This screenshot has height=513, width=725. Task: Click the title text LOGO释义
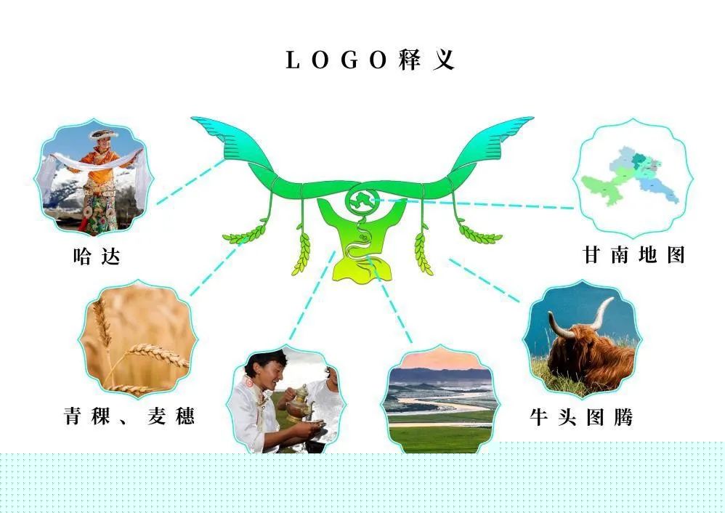370,60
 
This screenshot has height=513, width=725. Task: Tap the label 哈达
97,256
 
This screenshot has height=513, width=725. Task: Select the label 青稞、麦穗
129,416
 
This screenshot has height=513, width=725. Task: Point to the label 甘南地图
634,255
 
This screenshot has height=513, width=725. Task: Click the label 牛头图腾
581,417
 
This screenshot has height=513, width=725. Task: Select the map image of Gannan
631,177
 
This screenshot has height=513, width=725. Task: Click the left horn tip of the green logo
193,119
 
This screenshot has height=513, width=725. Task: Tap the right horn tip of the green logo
532,119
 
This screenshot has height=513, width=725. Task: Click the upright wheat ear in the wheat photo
102,324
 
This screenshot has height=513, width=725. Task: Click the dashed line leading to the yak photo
485,280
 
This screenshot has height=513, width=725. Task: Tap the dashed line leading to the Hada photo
190,182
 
